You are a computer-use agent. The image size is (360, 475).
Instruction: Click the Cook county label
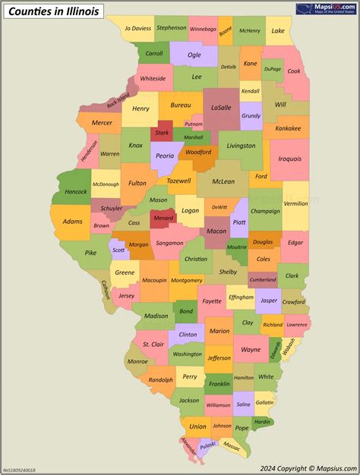point(293,71)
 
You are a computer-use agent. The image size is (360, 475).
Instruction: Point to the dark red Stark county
point(162,133)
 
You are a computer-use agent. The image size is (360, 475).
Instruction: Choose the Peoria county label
point(165,156)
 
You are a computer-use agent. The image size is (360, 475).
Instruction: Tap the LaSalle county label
point(221,109)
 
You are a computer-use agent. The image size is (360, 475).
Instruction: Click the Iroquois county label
point(290,159)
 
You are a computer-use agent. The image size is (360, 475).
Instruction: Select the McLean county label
point(223,181)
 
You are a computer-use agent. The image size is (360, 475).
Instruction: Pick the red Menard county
point(163,219)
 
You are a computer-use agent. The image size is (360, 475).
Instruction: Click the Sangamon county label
point(169,244)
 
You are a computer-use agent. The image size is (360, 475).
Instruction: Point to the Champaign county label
point(265,211)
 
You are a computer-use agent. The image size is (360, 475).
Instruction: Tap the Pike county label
point(91,253)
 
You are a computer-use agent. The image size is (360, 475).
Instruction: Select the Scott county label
point(118,250)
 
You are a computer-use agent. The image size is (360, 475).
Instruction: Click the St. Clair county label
point(153,344)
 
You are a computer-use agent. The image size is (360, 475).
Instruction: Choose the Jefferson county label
point(219,357)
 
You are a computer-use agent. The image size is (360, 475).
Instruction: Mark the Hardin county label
point(262,421)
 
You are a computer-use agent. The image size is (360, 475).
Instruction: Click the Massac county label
point(232,449)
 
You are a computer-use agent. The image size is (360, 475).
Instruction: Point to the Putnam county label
point(194,124)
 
